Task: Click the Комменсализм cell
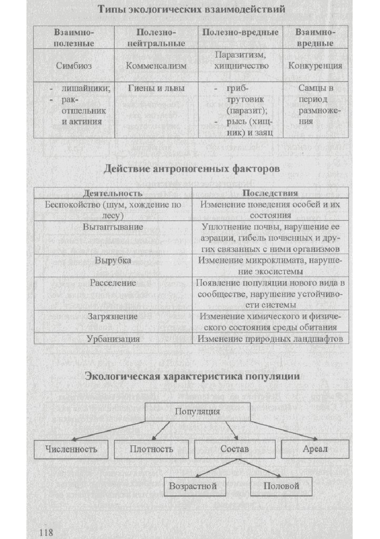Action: pos(156,66)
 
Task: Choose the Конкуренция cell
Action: pos(315,66)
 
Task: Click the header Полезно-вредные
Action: pos(240,33)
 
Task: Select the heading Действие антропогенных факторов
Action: pos(191,169)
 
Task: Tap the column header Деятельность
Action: pos(113,193)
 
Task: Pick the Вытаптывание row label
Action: pos(113,227)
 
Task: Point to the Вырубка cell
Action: pos(113,261)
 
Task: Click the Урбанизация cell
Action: pos(113,339)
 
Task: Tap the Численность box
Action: pos(72,449)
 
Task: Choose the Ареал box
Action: pos(315,449)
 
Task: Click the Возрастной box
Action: pos(193,486)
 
